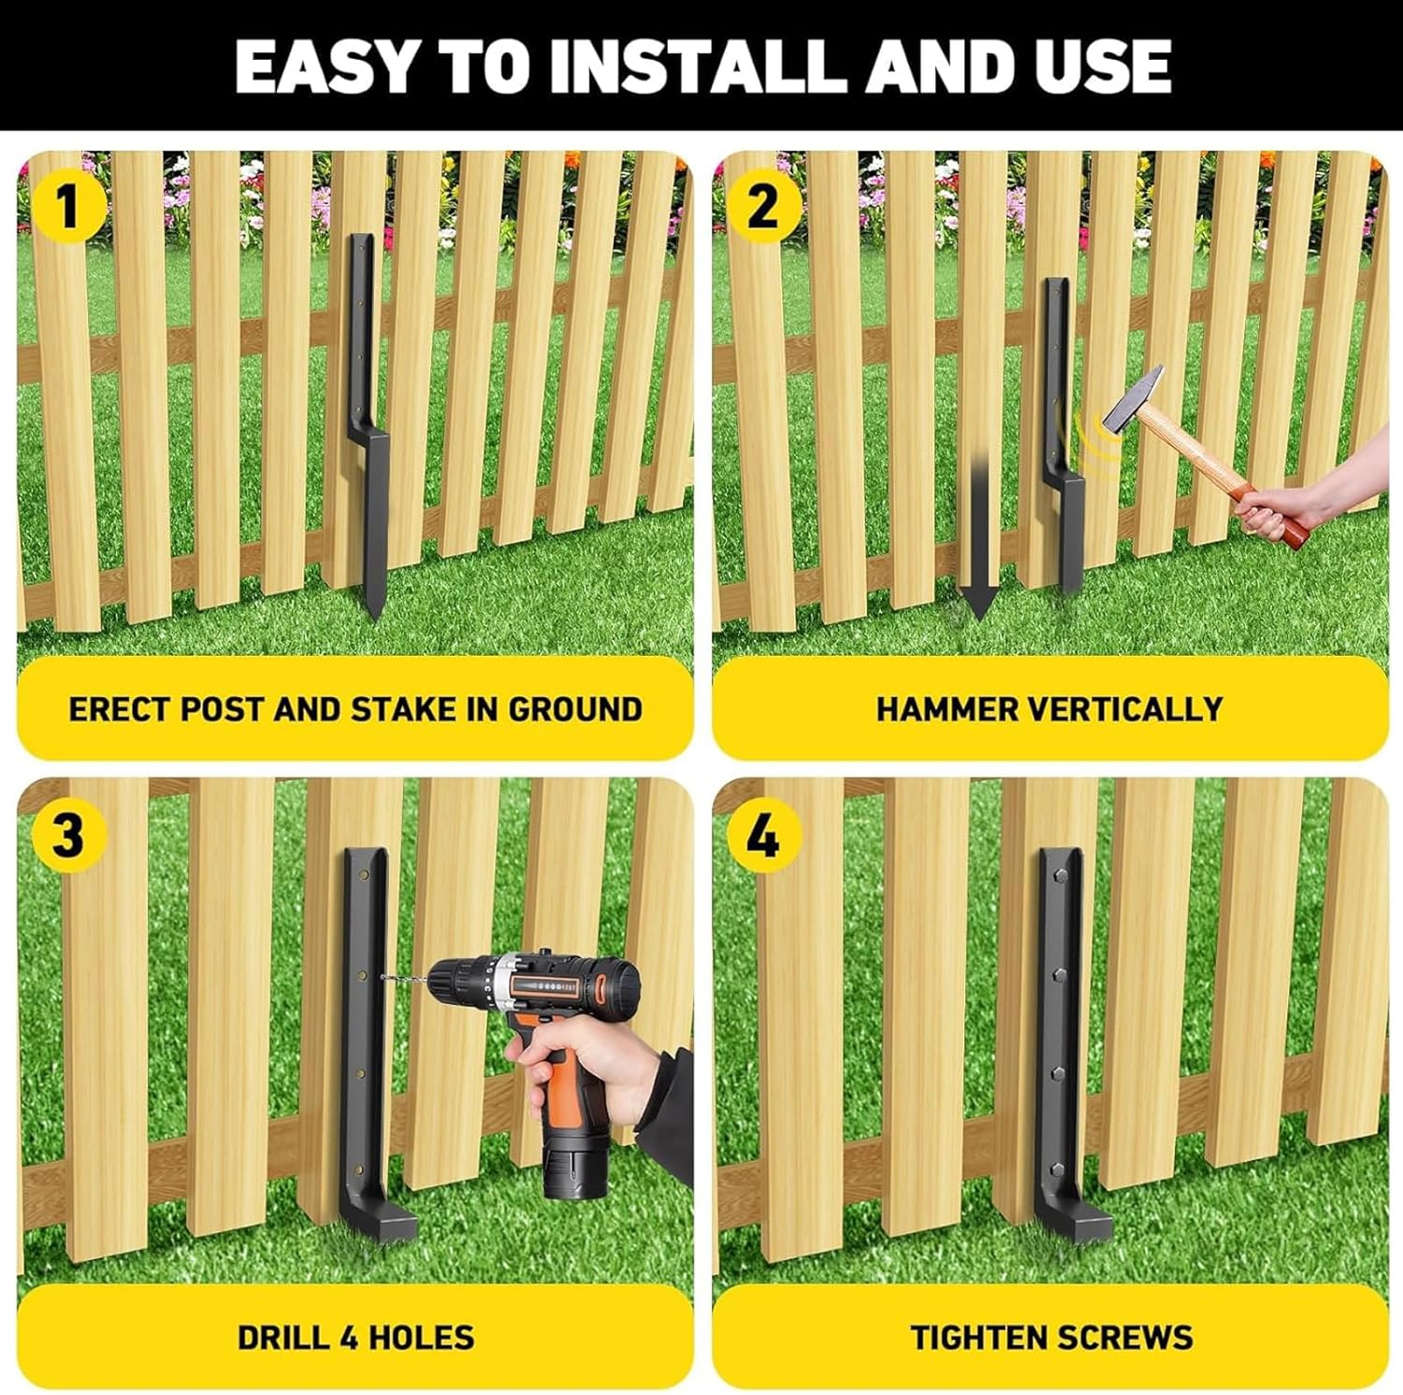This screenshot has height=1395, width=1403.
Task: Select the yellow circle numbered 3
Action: coord(67,835)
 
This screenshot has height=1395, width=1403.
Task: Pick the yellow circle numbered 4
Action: coord(762,835)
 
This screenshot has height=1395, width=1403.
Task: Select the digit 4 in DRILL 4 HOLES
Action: coord(351,1337)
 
